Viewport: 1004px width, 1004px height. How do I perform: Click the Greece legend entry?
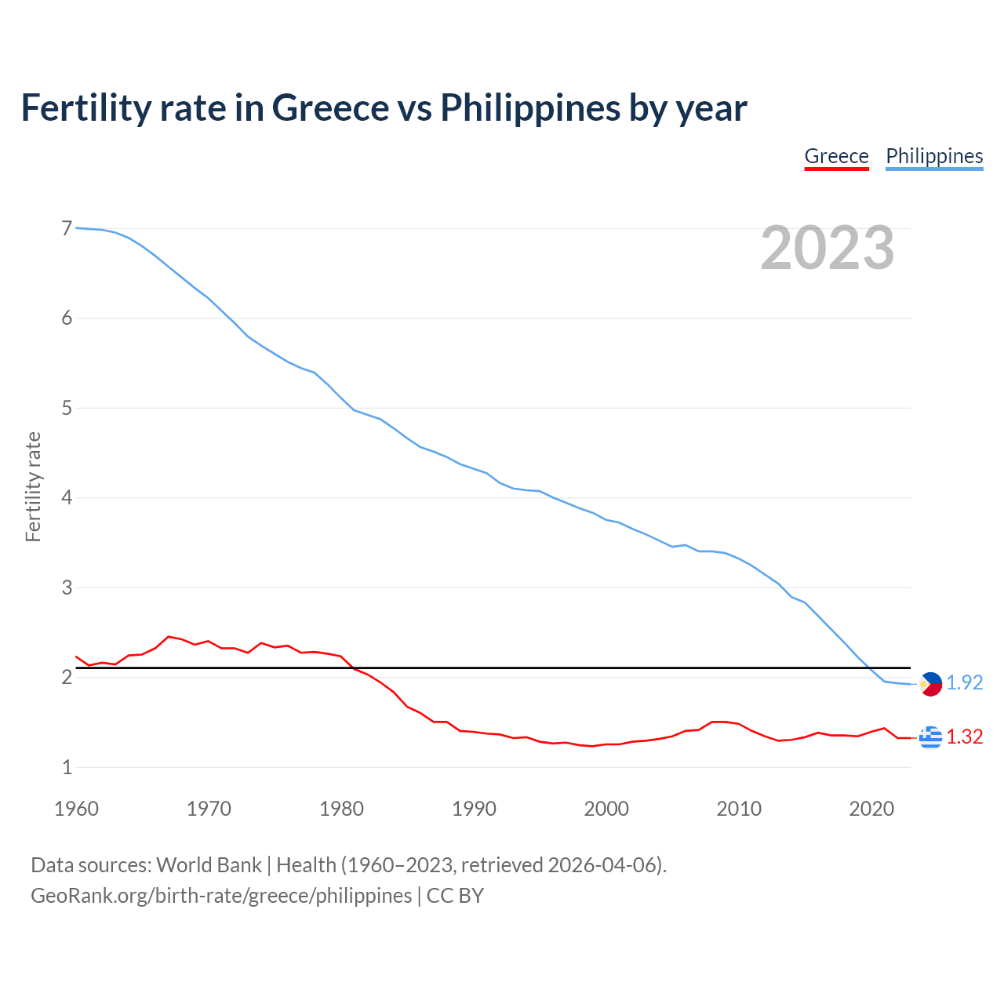(x=836, y=156)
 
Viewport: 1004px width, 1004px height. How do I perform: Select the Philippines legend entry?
(x=934, y=156)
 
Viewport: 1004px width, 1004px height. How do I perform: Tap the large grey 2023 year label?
(x=828, y=248)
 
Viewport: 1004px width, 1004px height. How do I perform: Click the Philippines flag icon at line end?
(x=930, y=684)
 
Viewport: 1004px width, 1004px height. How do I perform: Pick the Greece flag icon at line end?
(x=930, y=737)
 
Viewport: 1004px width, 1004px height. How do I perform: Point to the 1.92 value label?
(x=964, y=683)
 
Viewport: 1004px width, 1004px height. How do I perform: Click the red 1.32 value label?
(x=964, y=737)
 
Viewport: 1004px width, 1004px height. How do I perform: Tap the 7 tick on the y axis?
(x=67, y=229)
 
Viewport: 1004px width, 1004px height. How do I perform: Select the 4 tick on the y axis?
(x=67, y=498)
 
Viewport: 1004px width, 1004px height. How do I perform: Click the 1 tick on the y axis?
(x=67, y=768)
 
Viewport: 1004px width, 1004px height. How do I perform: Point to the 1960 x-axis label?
(x=76, y=809)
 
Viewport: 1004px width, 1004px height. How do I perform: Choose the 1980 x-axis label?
(x=341, y=809)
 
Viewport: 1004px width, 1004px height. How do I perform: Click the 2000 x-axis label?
(x=606, y=809)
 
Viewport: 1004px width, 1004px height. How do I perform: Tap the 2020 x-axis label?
(x=871, y=809)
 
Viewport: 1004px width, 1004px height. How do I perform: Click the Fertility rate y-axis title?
(x=33, y=487)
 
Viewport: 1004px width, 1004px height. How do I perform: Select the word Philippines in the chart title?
(x=529, y=108)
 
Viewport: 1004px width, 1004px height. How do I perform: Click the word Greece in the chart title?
(x=330, y=108)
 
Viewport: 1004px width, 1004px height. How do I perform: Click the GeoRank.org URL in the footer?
(x=221, y=896)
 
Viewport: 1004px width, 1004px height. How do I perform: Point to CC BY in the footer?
(x=455, y=896)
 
